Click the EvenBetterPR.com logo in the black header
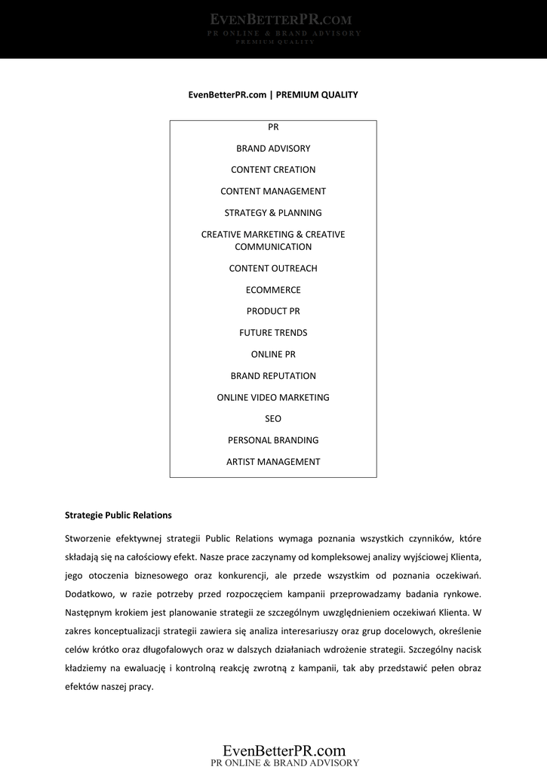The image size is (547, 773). (273, 20)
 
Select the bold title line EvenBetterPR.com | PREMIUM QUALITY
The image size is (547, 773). (273, 95)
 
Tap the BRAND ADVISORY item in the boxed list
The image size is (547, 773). (273, 149)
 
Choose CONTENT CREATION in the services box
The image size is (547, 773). (273, 170)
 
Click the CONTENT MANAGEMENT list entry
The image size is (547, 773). (273, 192)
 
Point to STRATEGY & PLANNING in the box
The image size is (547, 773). (273, 213)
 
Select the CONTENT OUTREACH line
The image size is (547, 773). (273, 269)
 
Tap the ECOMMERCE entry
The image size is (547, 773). (273, 290)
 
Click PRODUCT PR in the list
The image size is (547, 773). (273, 311)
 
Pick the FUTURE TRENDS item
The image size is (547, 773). (273, 333)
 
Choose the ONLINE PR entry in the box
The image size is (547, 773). (273, 354)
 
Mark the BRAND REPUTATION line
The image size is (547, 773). (273, 376)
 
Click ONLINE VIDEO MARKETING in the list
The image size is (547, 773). (273, 397)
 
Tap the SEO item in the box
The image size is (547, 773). (273, 419)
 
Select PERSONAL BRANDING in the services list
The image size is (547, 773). (273, 440)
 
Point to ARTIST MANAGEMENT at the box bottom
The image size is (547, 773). (273, 462)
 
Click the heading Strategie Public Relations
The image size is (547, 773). (118, 516)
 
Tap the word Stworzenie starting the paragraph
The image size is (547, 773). (89, 538)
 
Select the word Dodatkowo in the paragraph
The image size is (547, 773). (89, 594)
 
